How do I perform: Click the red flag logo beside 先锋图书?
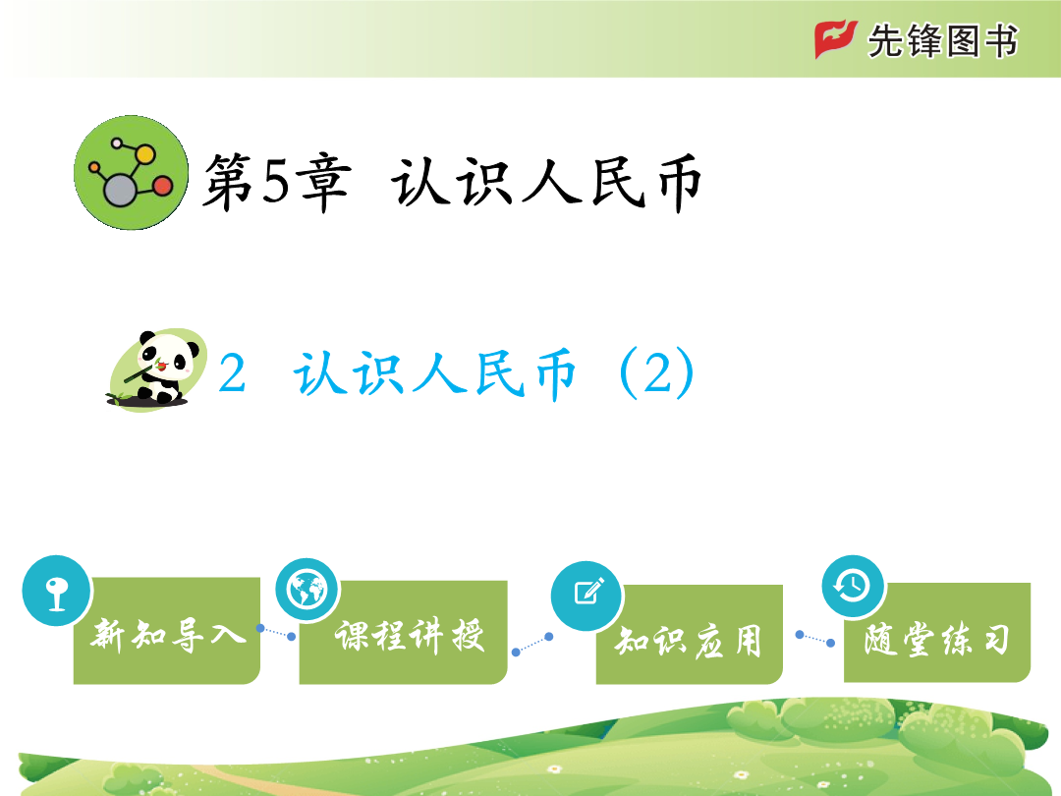836,39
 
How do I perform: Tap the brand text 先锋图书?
942,40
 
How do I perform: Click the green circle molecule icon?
132,173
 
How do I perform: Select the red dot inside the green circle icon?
162,186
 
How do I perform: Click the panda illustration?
157,370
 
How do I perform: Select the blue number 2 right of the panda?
232,373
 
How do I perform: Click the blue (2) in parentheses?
657,373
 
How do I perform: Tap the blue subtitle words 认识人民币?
435,373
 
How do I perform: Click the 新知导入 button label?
168,635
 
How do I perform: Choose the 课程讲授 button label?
410,635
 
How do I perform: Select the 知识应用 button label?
688,641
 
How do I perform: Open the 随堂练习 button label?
937,639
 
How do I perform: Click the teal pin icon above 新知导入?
57,591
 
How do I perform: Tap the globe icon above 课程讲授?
307,590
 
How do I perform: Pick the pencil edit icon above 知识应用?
587,595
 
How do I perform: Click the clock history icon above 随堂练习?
853,586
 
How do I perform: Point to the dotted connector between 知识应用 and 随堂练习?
815,639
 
